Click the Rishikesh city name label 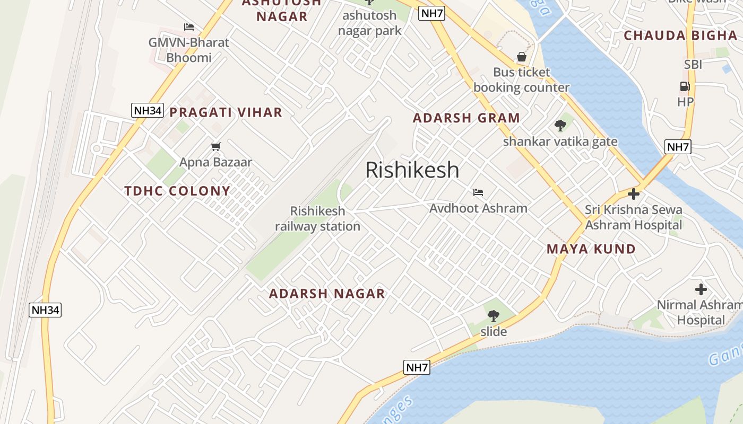[x=412, y=170]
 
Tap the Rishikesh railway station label [x=317, y=219]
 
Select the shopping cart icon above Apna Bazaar [x=215, y=146]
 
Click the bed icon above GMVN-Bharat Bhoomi [x=189, y=27]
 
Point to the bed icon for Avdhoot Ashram [x=478, y=192]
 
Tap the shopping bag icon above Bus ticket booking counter [x=522, y=57]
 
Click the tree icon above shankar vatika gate [x=560, y=126]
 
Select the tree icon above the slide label [x=494, y=316]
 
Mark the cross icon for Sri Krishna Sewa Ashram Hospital [x=633, y=194]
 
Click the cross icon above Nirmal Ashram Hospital [x=701, y=289]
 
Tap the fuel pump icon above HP [x=685, y=86]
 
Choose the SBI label [x=693, y=65]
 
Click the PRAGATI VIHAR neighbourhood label [x=226, y=112]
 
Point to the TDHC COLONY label [x=177, y=191]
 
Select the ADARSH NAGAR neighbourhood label [x=327, y=294]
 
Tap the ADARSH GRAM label [x=466, y=118]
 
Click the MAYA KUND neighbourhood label [x=591, y=249]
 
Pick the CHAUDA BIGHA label [x=680, y=36]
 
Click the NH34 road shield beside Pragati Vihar [x=148, y=110]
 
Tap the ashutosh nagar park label [x=370, y=23]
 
